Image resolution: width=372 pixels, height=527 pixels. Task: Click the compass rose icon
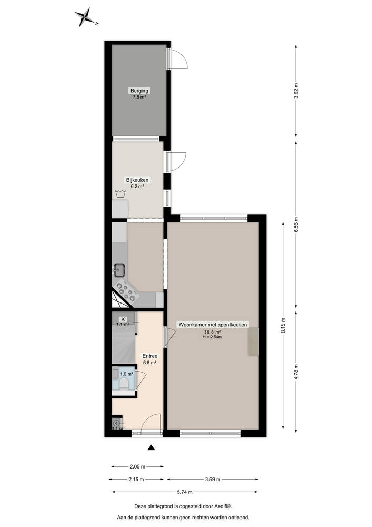[x=85, y=17]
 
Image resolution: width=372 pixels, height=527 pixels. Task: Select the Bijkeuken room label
[x=137, y=180]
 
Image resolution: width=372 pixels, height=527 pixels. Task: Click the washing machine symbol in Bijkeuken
[x=120, y=193]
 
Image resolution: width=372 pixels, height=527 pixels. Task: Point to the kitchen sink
[x=119, y=271]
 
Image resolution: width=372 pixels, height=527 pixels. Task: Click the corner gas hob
[x=127, y=289]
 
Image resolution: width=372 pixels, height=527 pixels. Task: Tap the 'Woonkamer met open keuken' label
[x=213, y=325]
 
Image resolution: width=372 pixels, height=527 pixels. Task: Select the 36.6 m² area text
[x=213, y=332]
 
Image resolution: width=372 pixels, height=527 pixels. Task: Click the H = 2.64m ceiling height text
[x=213, y=337]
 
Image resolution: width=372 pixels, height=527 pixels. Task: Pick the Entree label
[x=150, y=356]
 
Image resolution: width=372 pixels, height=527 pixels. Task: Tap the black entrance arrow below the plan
[x=152, y=448]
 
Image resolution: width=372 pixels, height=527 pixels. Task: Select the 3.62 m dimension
[x=296, y=90]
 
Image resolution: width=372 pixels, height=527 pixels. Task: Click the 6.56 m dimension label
[x=296, y=225]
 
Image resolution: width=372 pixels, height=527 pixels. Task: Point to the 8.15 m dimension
[x=283, y=325]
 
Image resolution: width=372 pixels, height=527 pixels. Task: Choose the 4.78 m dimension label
[x=296, y=371]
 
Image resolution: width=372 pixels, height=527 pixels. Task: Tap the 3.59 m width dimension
[x=213, y=479]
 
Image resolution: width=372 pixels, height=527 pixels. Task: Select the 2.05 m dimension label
[x=137, y=466]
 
